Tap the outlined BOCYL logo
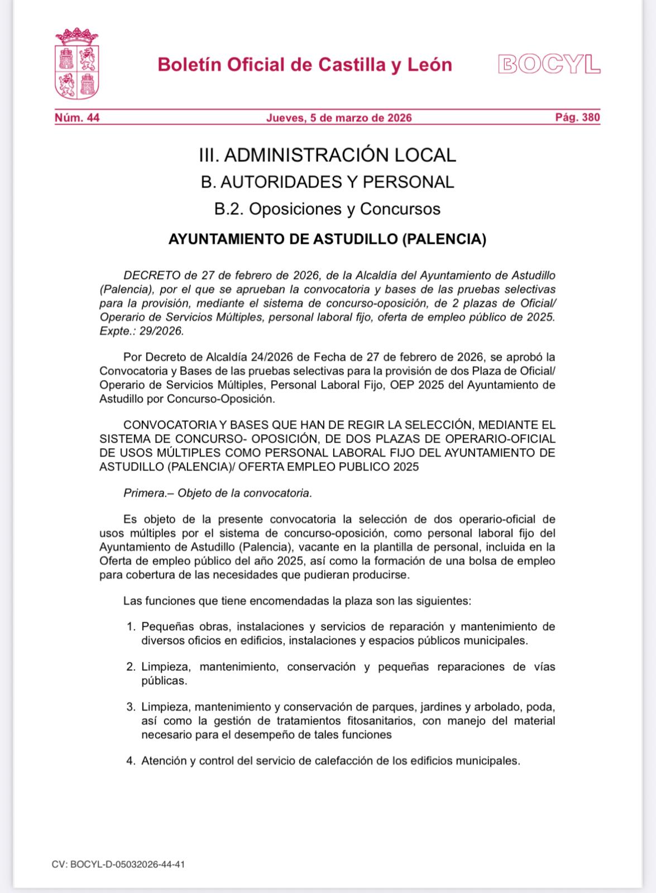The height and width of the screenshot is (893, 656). click(548, 65)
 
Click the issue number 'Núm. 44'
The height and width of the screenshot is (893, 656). click(76, 118)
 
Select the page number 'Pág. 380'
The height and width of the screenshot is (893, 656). click(577, 118)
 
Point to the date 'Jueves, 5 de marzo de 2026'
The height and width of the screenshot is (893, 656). click(339, 118)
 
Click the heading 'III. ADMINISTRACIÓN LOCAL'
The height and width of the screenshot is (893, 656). click(327, 155)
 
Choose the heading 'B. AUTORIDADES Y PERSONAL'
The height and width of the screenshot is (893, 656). click(327, 182)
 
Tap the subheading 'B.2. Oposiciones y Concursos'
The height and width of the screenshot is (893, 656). click(327, 209)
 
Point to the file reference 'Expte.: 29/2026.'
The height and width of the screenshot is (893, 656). click(141, 331)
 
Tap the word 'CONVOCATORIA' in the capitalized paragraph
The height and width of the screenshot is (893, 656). click(166, 426)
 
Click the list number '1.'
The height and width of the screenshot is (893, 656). click(131, 627)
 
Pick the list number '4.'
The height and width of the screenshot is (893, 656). click(131, 761)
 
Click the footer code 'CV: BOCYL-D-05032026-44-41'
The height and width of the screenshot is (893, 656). click(118, 865)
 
